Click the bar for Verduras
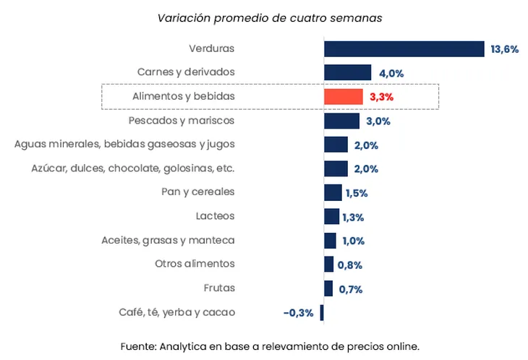point(404,48)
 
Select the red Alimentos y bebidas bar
point(343,97)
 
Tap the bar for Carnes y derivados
point(347,72)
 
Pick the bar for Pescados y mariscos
point(341,121)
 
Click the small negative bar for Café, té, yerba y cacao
point(322,312)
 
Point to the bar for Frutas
point(328,288)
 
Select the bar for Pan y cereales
point(333,192)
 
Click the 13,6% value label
point(504,49)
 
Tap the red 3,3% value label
point(381,97)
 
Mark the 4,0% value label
point(391,73)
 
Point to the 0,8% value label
point(350,265)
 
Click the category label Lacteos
point(215,216)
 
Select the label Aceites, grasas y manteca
point(168,240)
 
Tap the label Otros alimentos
point(195,264)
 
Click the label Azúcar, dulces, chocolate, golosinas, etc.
point(133,168)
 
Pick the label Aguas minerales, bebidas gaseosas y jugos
point(124,144)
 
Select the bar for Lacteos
point(331,216)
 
